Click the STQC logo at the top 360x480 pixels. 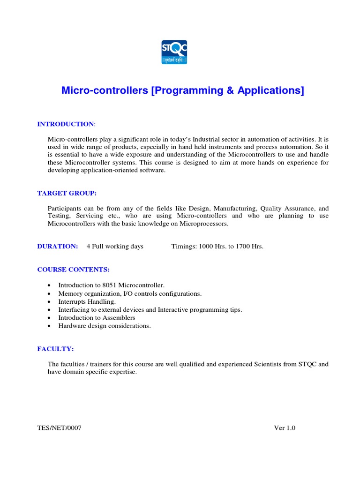click(174, 52)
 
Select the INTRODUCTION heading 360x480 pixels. click(66, 124)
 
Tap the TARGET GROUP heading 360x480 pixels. click(67, 193)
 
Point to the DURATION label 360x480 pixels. click(58, 247)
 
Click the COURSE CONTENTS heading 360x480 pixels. click(73, 270)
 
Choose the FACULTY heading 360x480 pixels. click(55, 349)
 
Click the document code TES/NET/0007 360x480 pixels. click(60, 428)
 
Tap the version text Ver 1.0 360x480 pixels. click(285, 428)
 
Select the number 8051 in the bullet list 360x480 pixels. click(126, 285)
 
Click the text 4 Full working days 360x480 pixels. click(115, 247)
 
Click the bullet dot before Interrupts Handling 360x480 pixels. click(50, 302)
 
